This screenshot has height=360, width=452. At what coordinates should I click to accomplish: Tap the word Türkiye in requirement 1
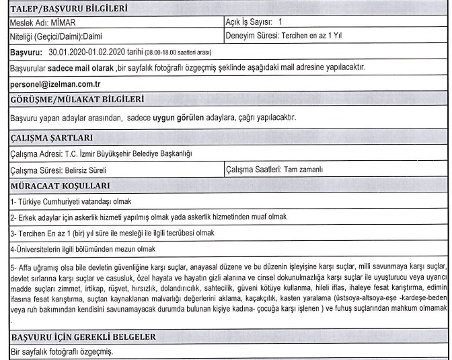[24, 201]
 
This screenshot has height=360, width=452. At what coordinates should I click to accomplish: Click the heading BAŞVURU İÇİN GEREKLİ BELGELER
[79, 336]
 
